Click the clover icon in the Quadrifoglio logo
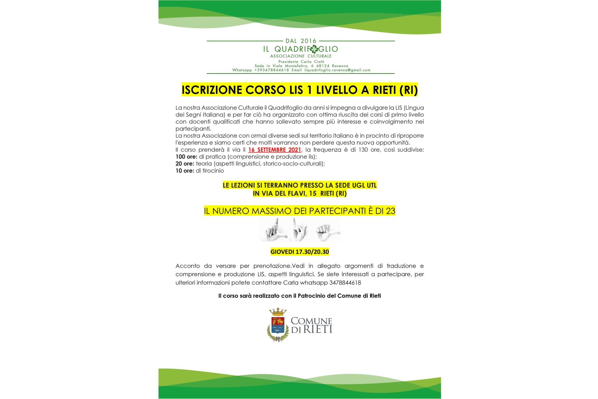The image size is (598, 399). (x=314, y=49)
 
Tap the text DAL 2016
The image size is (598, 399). (x=301, y=41)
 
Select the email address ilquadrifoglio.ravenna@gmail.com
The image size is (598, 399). (x=337, y=70)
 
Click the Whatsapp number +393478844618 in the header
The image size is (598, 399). (x=272, y=70)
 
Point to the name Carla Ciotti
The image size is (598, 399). (x=312, y=62)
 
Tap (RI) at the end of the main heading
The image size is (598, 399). (x=408, y=90)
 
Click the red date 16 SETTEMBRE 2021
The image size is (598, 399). (x=274, y=150)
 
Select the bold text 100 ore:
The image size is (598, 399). (x=186, y=157)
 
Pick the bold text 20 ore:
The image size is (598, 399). (x=185, y=164)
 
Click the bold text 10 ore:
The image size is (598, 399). (x=185, y=171)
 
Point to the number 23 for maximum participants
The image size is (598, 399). (x=390, y=211)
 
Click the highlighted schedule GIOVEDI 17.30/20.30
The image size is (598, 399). (x=300, y=252)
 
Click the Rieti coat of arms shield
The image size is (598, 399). (x=278, y=325)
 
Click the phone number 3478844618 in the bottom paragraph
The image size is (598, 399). (x=345, y=283)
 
